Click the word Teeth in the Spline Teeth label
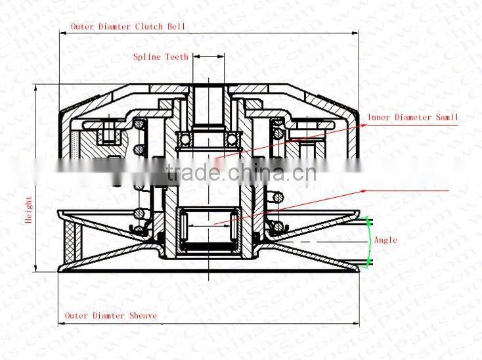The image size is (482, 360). (176, 57)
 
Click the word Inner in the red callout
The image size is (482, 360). (379, 117)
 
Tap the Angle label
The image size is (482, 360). (385, 240)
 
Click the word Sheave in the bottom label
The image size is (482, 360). (143, 315)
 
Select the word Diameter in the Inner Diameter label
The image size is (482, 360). (411, 117)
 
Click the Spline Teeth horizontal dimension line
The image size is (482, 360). (209, 57)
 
